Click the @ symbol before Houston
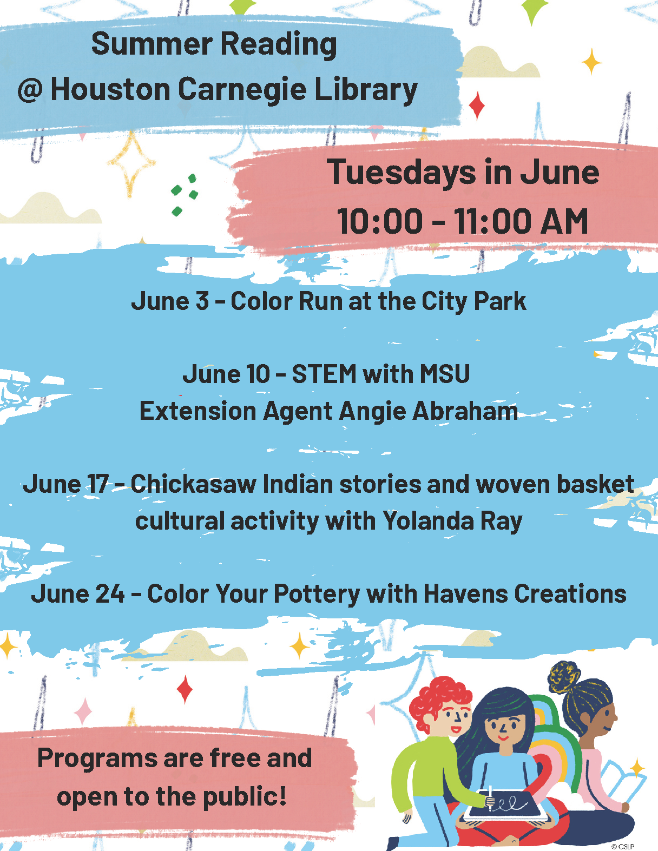click(x=30, y=90)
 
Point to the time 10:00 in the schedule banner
click(x=380, y=221)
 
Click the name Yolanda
click(x=428, y=521)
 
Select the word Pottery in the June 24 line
click(x=317, y=594)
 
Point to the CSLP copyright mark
click(x=623, y=846)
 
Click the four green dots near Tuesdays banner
click(x=185, y=195)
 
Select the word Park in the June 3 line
click(x=500, y=301)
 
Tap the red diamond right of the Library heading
click(x=477, y=105)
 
